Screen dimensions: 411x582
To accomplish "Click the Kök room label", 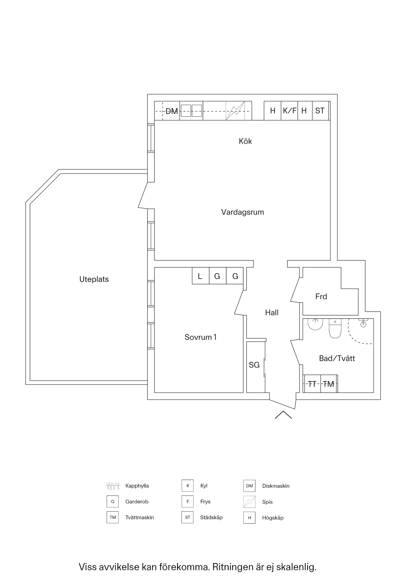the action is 245,141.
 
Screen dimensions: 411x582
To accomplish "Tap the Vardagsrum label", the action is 242,212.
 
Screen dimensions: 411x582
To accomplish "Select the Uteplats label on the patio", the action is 94,279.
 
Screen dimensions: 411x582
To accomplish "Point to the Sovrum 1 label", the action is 201,337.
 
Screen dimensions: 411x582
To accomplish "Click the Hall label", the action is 272,313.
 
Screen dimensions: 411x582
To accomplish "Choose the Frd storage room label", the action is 321,296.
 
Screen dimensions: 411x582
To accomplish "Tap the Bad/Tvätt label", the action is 337,358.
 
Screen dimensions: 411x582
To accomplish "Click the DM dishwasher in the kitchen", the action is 171,111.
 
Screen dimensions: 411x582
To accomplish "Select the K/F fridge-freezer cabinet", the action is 290,111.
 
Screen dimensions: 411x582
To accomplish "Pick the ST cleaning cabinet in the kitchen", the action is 320,111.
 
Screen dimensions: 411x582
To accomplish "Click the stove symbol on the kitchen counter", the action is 235,111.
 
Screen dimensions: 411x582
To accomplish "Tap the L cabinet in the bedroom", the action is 200,276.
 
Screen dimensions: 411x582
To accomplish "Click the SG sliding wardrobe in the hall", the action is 254,365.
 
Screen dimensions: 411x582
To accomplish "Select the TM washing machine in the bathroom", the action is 329,384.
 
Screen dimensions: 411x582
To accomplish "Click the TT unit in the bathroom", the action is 312,384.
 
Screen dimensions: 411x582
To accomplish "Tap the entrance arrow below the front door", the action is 283,415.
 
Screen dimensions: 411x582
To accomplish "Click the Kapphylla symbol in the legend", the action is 113,486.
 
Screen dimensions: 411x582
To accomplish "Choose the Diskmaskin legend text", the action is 276,486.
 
